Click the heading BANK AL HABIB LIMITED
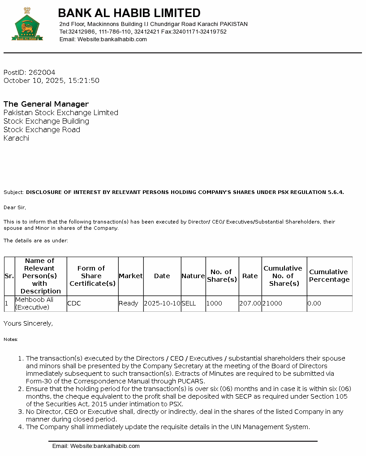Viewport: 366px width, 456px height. coord(129,13)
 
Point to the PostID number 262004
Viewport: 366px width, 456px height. coord(42,73)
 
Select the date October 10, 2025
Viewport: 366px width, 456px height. coord(34,81)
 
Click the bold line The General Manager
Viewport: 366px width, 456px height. coord(46,104)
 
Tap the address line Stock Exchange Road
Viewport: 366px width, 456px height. coord(42,129)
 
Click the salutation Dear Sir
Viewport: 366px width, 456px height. coord(15,207)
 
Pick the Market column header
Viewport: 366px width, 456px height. coord(130,276)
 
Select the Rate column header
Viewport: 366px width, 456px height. coord(250,276)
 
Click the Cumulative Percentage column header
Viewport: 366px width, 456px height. coord(329,275)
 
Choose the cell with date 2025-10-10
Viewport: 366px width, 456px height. coord(162,303)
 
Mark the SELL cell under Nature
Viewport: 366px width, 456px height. coord(189,303)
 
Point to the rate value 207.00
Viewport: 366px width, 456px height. coord(250,303)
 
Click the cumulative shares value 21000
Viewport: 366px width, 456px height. coord(272,303)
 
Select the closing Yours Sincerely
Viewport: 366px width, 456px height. coord(28,323)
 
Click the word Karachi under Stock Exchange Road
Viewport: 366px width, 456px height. coord(16,138)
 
